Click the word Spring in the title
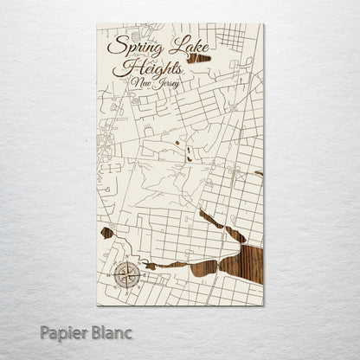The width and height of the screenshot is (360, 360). coord(131,46)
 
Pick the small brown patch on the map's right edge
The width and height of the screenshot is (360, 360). coord(258,174)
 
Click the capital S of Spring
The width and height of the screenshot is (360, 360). coord(111,44)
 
